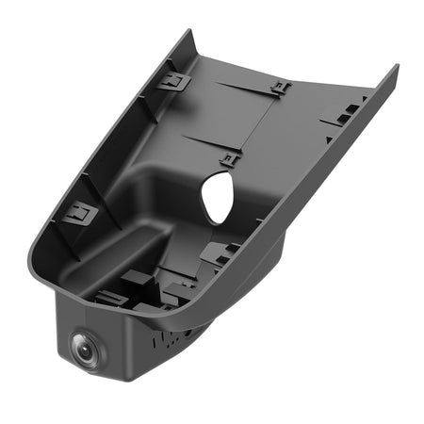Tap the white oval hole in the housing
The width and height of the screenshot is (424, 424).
(219, 198)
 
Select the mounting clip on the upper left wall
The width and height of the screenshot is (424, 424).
(173, 82)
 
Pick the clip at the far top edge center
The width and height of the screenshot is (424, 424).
(280, 90)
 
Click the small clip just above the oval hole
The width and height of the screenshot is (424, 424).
(229, 158)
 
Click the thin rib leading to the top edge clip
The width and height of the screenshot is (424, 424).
(245, 86)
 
